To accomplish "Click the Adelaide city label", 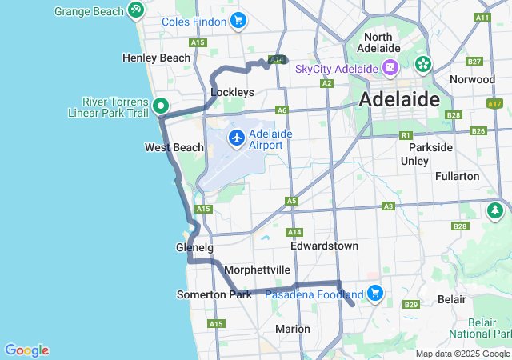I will (399, 100).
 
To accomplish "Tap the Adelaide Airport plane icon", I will (237, 138).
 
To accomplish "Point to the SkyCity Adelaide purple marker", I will (390, 68).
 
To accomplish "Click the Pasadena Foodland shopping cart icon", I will (375, 294).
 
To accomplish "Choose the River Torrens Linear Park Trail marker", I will (161, 106).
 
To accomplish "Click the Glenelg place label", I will (194, 247).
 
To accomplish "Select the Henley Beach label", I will (157, 58).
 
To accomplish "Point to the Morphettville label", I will (258, 270).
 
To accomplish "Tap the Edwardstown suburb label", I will (324, 246).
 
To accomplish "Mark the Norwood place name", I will (472, 79).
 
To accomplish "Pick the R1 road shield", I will (406, 135).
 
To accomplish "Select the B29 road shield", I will (412, 305).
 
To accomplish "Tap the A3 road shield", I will (388, 206).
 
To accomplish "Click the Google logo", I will (26, 350).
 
